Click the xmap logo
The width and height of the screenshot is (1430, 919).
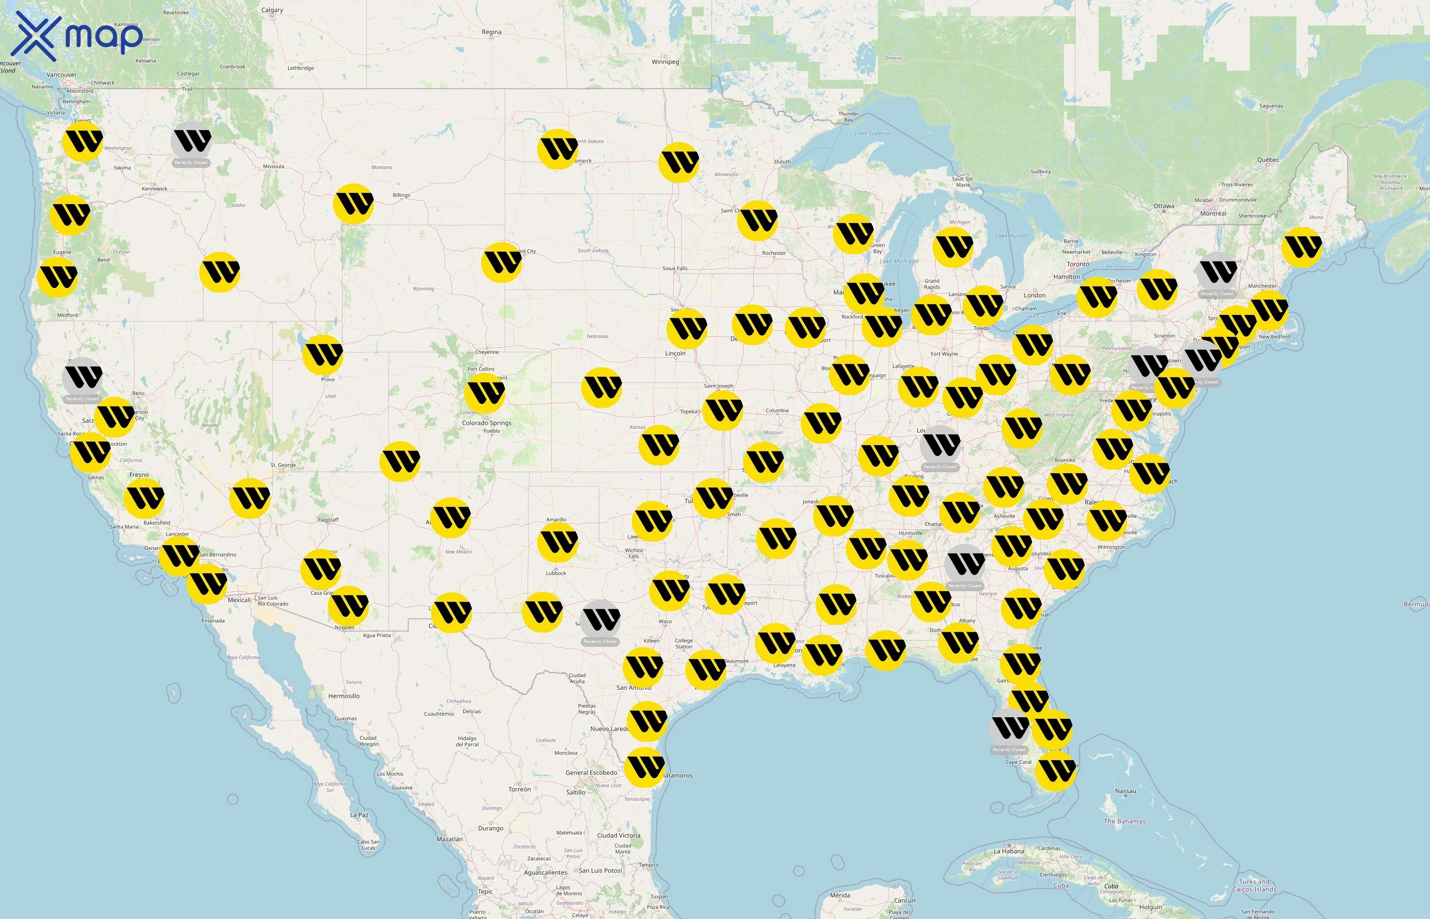(x=78, y=36)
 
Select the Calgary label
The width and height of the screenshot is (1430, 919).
(x=272, y=10)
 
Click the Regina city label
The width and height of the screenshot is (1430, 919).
(x=491, y=32)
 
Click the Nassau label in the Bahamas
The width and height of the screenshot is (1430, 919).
(x=1125, y=791)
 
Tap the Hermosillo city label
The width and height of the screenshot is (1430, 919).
(x=344, y=696)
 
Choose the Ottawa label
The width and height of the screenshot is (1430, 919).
(x=1163, y=206)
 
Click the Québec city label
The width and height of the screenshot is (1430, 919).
(x=1268, y=160)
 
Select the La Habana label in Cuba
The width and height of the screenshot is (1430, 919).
(x=1009, y=851)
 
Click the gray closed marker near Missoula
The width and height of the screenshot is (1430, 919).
(x=191, y=141)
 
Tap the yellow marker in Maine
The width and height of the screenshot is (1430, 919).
(x=1302, y=247)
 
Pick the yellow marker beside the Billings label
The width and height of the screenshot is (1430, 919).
(x=354, y=204)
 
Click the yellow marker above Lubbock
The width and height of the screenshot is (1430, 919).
(x=557, y=542)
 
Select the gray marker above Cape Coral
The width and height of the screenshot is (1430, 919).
(x=1009, y=728)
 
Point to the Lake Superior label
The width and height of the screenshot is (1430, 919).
(x=873, y=134)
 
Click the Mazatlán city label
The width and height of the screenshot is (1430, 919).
(x=449, y=839)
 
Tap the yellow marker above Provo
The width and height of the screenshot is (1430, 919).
(x=322, y=354)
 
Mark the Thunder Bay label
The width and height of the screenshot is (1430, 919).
(x=848, y=116)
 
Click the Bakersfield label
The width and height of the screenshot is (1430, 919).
(x=156, y=523)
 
